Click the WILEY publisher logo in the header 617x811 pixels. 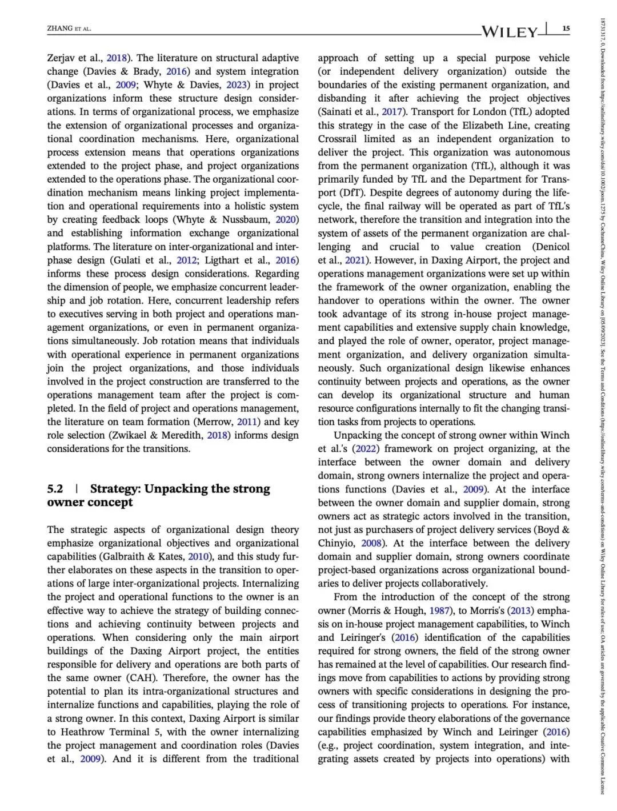pyautogui.click(x=510, y=31)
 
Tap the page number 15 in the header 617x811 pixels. pyautogui.click(x=566, y=29)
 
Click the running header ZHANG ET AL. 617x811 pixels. pyautogui.click(x=69, y=29)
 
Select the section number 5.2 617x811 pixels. pyautogui.click(x=55, y=489)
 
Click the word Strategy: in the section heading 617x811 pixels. pyautogui.click(x=115, y=489)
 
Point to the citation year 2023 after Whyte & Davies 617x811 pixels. pyautogui.click(x=236, y=85)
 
